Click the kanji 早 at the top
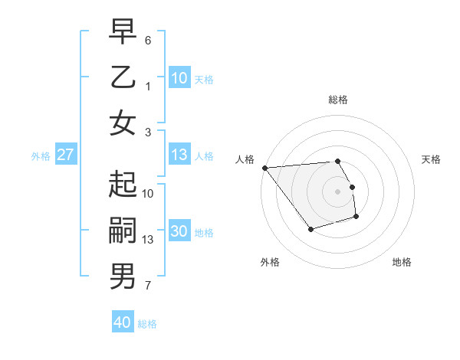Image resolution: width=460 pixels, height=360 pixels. pos(123,31)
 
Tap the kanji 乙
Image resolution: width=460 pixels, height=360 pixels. pos(123,78)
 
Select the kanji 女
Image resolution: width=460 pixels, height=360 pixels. pos(123,124)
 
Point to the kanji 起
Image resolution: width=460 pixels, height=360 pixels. pos(123,185)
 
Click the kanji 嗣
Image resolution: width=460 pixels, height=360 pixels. pos(123,231)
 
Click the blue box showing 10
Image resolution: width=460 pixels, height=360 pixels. pos(179,77)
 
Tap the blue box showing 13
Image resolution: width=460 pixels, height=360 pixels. pos(179,155)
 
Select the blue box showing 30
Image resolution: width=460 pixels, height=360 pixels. pos(179,231)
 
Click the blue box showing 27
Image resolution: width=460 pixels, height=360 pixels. pos(66,155)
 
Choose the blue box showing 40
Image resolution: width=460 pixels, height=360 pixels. pos(123,322)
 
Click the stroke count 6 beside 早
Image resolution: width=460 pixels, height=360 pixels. pos(148,40)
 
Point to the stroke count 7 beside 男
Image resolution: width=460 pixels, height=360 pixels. pos(148,286)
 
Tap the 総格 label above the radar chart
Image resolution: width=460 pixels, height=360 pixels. pos(337,100)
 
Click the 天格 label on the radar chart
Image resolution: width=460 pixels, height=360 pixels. pos(431,159)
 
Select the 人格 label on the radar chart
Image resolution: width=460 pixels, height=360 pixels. pos(245,159)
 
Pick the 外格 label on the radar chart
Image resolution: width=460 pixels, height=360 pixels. pos(269,262)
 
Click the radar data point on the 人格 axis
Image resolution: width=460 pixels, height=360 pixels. pos(264,168)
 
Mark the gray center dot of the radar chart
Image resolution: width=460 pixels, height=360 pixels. pos(337,191)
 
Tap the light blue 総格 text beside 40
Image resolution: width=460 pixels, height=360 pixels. pos(147,324)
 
